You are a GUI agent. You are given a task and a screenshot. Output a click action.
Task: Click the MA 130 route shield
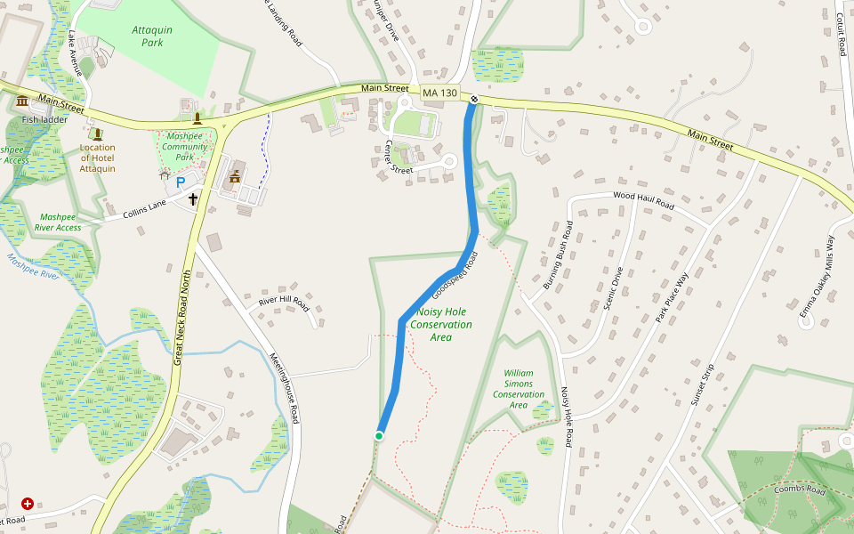pyautogui.click(x=439, y=93)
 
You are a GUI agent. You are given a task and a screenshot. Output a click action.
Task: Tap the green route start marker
pyautogui.click(x=379, y=435)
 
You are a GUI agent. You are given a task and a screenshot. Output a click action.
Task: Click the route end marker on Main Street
pyautogui.click(x=475, y=99)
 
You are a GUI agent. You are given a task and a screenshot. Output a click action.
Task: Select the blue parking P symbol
pyautogui.click(x=181, y=182)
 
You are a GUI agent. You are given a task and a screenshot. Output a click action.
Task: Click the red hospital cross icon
pyautogui.click(x=27, y=504)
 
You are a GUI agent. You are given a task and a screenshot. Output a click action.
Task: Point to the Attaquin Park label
pyautogui.click(x=153, y=36)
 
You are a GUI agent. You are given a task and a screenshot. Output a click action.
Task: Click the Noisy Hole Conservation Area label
pyautogui.click(x=441, y=325)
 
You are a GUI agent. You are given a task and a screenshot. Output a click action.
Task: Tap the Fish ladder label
pyautogui.click(x=44, y=118)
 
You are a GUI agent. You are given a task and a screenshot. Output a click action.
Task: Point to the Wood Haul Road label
pyautogui.click(x=643, y=201)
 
